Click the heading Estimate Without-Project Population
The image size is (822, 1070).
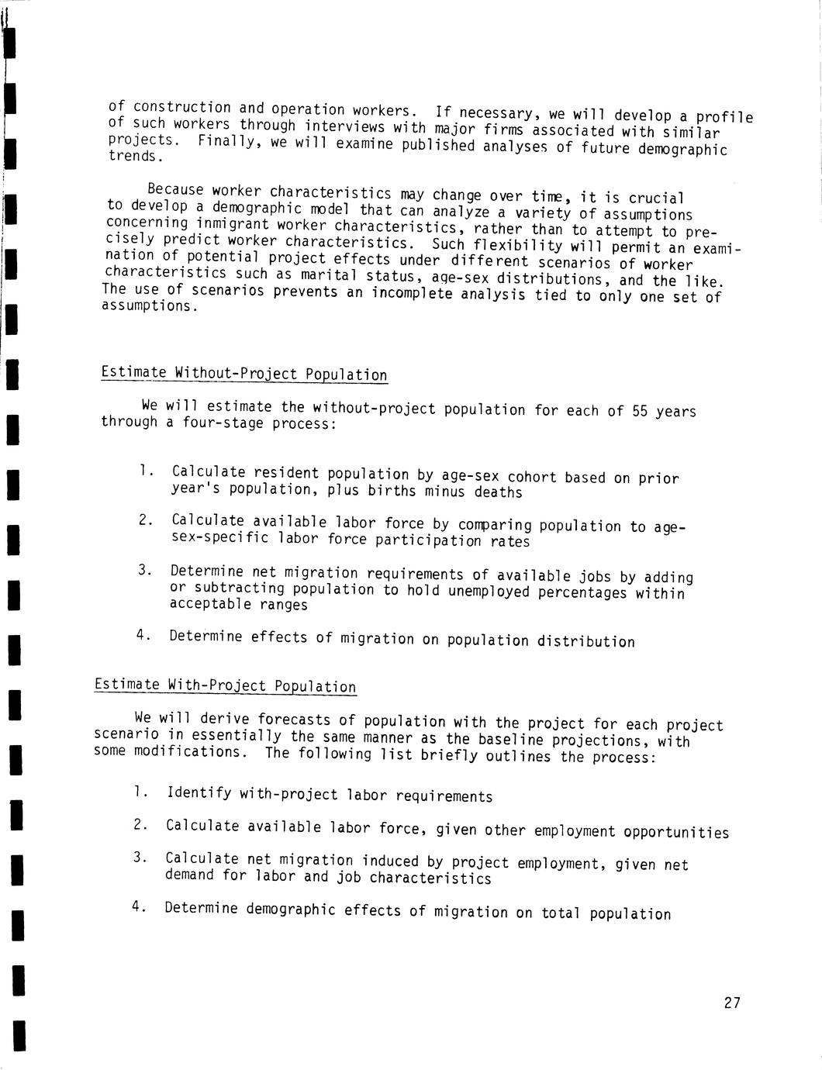click(x=243, y=374)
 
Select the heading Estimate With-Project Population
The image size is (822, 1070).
click(x=225, y=685)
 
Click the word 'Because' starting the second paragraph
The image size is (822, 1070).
click(x=175, y=189)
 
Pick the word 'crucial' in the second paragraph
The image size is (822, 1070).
click(x=656, y=198)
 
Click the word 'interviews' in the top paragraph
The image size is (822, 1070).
click(x=345, y=126)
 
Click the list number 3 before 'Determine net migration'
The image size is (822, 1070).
click(x=143, y=571)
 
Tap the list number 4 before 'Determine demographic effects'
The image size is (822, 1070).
click(x=136, y=906)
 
